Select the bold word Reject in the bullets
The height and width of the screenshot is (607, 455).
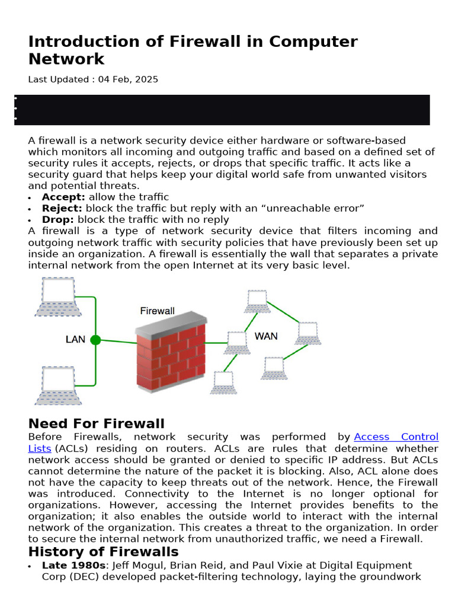coord(62,208)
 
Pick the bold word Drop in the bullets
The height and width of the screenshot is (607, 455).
coord(57,219)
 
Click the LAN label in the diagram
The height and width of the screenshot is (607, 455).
coord(75,340)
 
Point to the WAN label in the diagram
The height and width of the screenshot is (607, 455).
coord(266,336)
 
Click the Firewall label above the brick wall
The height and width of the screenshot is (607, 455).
coord(157,311)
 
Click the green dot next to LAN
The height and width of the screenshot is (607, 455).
coord(95,340)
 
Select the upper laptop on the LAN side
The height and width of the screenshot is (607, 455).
coord(57,296)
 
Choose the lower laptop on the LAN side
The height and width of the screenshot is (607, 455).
coord(57,385)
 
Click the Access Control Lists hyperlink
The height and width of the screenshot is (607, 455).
coord(396,437)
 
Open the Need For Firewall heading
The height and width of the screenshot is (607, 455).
coord(97,423)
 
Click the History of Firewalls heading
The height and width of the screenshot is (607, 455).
coord(104,552)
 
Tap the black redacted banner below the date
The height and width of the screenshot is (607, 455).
coord(222,110)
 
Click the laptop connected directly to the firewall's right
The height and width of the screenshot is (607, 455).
coord(236,341)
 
